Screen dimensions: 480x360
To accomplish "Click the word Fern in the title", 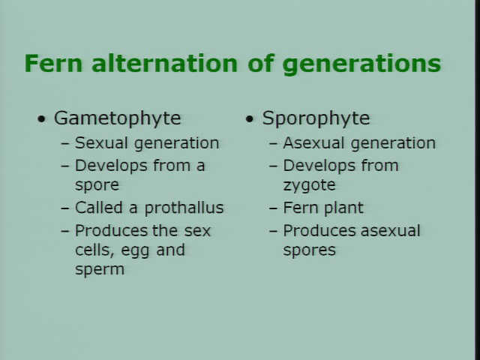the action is [53, 63].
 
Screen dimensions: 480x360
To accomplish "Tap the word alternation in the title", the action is [164, 63].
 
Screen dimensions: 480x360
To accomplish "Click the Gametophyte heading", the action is [117, 118].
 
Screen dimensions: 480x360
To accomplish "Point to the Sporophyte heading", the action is [316, 118].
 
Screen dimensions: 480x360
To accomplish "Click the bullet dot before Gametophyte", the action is [41, 118].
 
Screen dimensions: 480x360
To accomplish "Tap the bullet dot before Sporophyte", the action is [250, 118].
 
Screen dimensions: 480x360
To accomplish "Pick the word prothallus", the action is [184, 208].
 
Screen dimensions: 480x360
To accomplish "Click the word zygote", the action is [309, 185].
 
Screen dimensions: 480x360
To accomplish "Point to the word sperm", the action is [100, 270].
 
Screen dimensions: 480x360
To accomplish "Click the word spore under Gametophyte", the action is [97, 185].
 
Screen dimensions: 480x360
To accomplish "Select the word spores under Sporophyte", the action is [309, 250].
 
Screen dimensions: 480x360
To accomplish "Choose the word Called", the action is [99, 208].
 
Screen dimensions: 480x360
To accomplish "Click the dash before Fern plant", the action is [273, 208].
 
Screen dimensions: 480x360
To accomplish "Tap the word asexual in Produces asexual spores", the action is [390, 231].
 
